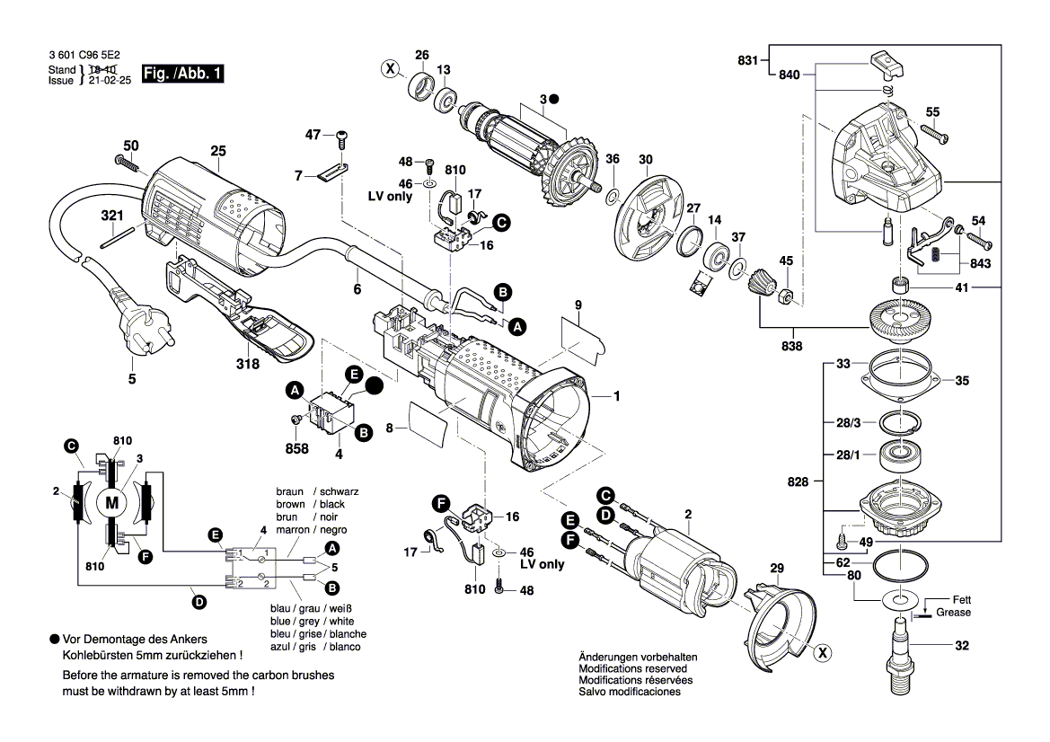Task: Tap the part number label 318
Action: (248, 364)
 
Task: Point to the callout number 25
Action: (218, 151)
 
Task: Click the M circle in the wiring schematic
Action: (111, 502)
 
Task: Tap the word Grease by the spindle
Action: (953, 613)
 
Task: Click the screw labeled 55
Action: (934, 136)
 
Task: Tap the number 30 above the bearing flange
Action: (645, 160)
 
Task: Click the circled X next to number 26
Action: (389, 67)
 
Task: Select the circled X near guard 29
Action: (821, 654)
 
